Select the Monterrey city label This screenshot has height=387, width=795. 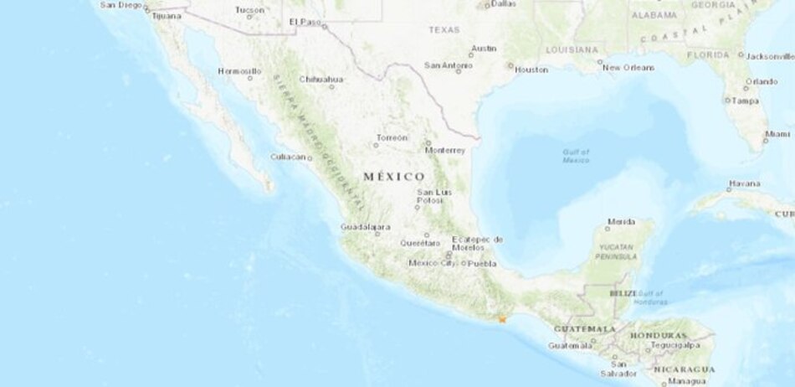[x=444, y=151]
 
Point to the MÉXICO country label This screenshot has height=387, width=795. [x=394, y=177]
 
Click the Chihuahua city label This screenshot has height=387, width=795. [x=321, y=80]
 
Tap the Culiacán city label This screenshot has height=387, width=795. [x=287, y=157]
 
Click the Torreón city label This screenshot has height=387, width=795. [x=392, y=137]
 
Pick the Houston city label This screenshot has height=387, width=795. [x=531, y=70]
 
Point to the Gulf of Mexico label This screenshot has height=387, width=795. [x=576, y=155]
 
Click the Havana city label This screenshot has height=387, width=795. [x=744, y=183]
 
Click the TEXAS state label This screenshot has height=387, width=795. [x=444, y=29]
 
